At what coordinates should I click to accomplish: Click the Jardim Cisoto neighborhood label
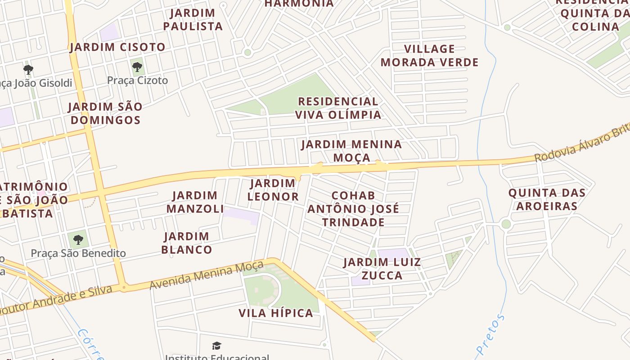pyautogui.click(x=117, y=47)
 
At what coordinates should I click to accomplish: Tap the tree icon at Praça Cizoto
pyautogui.click(x=137, y=67)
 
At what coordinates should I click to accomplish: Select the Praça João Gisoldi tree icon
pyautogui.click(x=28, y=70)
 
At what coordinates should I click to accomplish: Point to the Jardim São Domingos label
pyautogui.click(x=105, y=113)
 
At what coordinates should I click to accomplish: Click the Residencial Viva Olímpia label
pyautogui.click(x=338, y=108)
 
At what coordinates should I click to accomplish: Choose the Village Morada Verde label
pyautogui.click(x=429, y=55)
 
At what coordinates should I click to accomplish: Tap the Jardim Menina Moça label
pyautogui.click(x=351, y=151)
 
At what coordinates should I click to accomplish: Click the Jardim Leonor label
pyautogui.click(x=273, y=190)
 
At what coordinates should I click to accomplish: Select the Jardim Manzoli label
pyautogui.click(x=195, y=202)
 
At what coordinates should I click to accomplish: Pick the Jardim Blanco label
pyautogui.click(x=186, y=243)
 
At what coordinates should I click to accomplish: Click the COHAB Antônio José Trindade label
pyautogui.click(x=353, y=209)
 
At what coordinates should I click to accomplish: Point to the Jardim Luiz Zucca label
pyautogui.click(x=382, y=269)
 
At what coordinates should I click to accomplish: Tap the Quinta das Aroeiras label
pyautogui.click(x=547, y=199)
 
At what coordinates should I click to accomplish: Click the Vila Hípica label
pyautogui.click(x=276, y=313)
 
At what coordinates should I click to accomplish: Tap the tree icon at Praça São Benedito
pyautogui.click(x=78, y=239)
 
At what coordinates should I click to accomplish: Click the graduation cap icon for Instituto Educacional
pyautogui.click(x=217, y=346)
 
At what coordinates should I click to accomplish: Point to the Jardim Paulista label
pyautogui.click(x=193, y=19)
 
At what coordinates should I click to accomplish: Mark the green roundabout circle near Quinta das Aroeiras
pyautogui.click(x=506, y=224)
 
